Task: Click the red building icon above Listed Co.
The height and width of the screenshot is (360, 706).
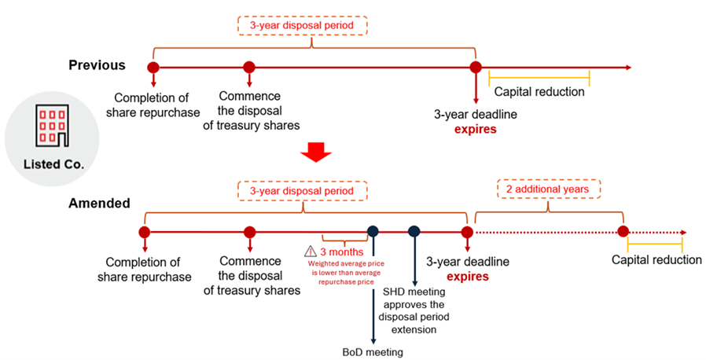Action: coord(49,125)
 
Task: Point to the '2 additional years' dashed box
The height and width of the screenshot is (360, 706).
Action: coord(548,190)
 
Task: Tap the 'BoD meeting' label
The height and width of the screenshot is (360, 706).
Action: coord(373,351)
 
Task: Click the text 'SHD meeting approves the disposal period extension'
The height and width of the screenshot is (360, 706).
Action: coord(414,310)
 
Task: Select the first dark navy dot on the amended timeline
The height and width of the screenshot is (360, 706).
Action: coord(373,232)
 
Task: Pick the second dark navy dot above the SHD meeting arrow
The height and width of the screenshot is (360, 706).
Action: coord(414,232)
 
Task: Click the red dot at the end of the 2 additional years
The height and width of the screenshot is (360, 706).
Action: coord(623,232)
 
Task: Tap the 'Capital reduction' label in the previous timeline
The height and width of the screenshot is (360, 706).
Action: coord(539,92)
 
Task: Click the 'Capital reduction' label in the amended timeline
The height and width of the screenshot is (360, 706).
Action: coord(656,260)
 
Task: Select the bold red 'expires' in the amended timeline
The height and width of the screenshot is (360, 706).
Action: coord(467,277)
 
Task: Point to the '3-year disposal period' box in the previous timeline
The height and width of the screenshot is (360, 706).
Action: coord(303,26)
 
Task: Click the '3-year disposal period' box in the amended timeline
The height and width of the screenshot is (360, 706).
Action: coord(303,190)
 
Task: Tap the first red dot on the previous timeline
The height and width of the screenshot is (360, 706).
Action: coord(153,68)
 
